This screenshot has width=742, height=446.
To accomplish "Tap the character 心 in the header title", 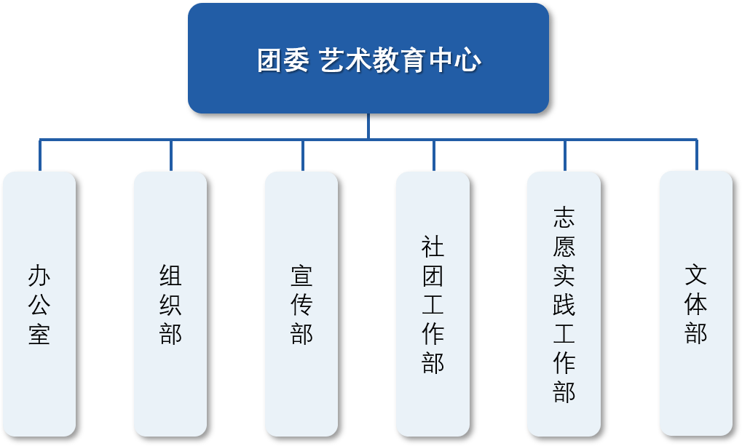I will click(x=468, y=60).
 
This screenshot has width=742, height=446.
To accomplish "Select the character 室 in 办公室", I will click(x=39, y=334).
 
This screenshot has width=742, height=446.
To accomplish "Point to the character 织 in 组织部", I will click(x=170, y=305).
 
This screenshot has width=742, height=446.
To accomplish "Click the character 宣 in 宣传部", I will click(x=301, y=276).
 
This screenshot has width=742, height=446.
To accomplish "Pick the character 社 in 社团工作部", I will click(x=433, y=247).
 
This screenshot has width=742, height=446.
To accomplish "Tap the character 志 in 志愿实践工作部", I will click(x=564, y=218).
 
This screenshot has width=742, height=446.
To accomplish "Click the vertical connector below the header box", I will click(x=368, y=126).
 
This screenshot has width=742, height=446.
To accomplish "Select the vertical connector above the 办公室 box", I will click(x=40, y=155).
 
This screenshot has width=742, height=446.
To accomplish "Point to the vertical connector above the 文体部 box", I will click(x=697, y=155).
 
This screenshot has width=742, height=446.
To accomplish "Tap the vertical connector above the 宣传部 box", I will click(x=302, y=155).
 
